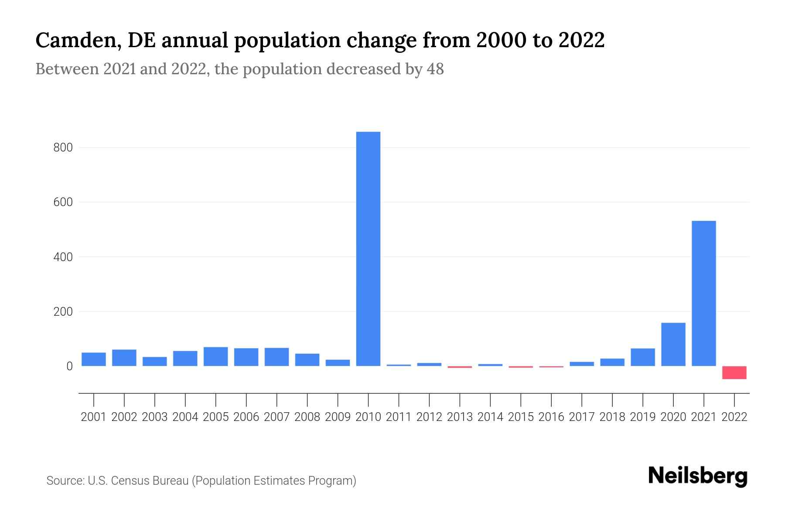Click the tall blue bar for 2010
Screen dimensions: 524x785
[x=368, y=249]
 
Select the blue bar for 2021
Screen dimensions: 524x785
[x=704, y=293]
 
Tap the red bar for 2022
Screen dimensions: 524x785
[x=734, y=372]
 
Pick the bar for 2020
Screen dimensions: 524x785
[x=673, y=345]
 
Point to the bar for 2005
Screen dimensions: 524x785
[x=215, y=356]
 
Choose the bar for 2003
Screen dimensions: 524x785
[x=155, y=362]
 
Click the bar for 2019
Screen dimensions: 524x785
[x=643, y=357]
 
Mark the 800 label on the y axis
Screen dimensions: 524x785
[x=63, y=148]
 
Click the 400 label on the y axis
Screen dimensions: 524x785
[x=63, y=257]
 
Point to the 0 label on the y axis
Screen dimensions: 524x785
[x=69, y=366]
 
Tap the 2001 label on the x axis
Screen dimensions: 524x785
[x=94, y=417]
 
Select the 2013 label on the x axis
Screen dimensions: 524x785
[x=460, y=417]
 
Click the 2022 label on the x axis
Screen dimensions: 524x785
[x=734, y=417]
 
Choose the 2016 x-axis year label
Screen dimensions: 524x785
[x=551, y=417]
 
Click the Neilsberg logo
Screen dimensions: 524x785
[x=698, y=476]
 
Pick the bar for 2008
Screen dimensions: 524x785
[x=307, y=360]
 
